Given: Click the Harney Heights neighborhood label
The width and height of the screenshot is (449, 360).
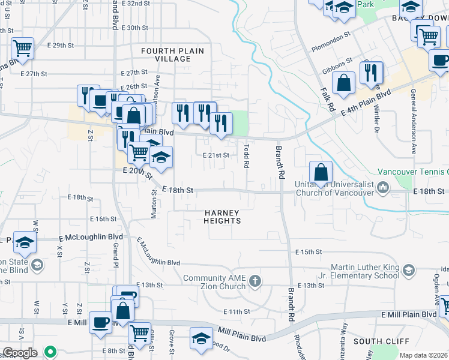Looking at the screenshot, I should [x=222, y=217].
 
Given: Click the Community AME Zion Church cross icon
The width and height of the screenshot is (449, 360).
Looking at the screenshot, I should [x=256, y=281].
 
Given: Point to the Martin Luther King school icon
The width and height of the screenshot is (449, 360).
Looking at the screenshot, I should [x=409, y=270].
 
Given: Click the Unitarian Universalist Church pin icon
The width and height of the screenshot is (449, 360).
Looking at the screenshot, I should [x=383, y=190].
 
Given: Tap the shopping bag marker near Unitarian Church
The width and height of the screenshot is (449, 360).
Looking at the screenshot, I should [x=321, y=172].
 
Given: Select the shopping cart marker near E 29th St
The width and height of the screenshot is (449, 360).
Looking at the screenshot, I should [x=22, y=47].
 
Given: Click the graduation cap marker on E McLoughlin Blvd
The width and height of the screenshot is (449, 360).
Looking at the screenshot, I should [x=24, y=242].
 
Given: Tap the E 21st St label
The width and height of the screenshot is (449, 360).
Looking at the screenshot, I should [x=216, y=155].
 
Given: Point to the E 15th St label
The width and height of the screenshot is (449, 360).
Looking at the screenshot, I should [x=309, y=252].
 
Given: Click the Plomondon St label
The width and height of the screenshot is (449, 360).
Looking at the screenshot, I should [x=330, y=40].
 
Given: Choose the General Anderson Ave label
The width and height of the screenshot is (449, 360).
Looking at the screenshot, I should [x=414, y=121].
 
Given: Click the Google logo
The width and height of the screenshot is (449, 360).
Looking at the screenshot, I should [x=20, y=353].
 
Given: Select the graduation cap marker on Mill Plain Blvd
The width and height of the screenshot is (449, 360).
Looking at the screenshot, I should [x=201, y=338].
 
